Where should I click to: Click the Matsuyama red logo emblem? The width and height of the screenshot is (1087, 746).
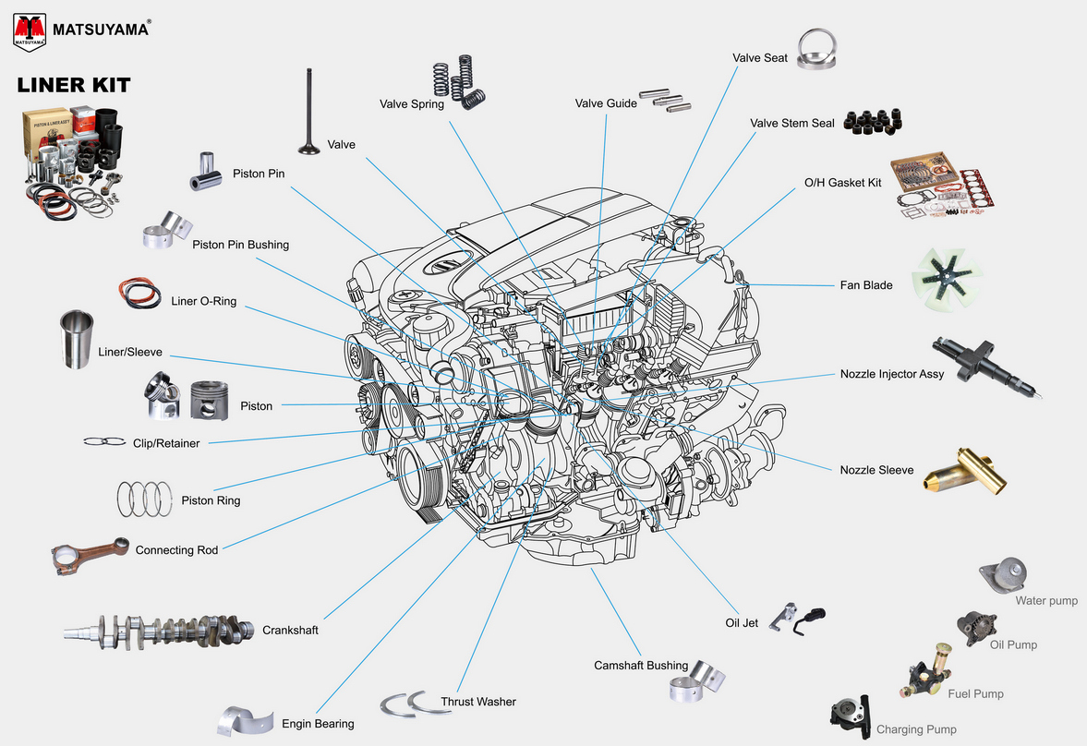pos(30,30)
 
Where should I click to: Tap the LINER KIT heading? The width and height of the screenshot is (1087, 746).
pos(74,86)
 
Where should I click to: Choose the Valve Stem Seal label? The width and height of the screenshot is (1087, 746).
pos(791,124)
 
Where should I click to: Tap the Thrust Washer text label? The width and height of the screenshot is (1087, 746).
pos(477,702)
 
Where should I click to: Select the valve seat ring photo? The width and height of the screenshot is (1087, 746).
pos(820,49)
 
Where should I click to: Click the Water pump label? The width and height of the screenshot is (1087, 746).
pos(1046,601)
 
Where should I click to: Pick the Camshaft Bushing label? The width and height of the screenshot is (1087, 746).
pos(640,666)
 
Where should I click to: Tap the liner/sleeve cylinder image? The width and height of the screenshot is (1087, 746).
pos(77,339)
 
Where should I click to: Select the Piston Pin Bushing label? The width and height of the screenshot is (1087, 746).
pos(240,246)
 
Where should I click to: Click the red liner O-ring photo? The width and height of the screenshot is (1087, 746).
pos(139,295)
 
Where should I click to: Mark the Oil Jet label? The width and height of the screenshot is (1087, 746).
pos(741,623)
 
